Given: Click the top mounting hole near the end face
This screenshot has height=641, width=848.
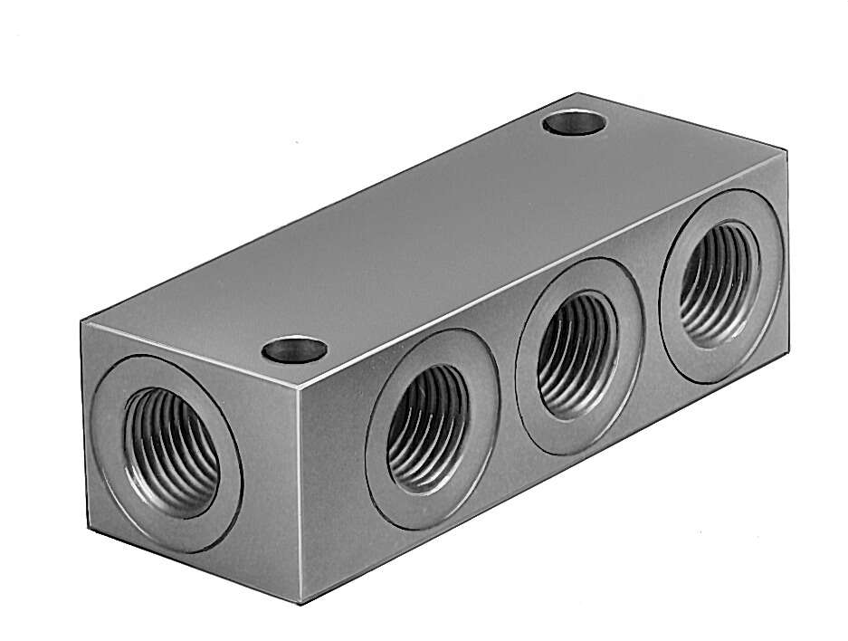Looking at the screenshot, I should (294, 349).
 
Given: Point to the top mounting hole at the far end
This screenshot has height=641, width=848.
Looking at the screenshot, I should (575, 122).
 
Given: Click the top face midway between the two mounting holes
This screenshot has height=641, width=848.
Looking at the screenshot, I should (434, 235).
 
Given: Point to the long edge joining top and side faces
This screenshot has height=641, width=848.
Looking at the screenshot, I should (543, 269).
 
